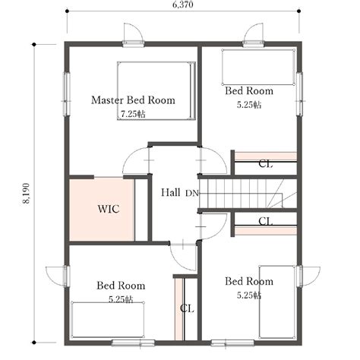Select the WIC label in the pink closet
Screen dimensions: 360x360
click(108, 208)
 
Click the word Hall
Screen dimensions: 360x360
click(170, 193)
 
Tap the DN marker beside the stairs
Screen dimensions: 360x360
click(191, 194)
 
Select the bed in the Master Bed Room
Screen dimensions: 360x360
click(156, 90)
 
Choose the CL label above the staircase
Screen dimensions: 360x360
click(265, 163)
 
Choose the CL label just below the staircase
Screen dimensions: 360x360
click(265, 222)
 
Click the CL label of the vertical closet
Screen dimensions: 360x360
click(186, 309)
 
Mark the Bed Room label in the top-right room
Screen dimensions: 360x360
click(249, 91)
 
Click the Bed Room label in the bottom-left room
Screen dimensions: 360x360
click(121, 286)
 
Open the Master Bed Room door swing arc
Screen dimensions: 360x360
click(134, 160)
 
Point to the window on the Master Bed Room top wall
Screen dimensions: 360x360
click(133, 36)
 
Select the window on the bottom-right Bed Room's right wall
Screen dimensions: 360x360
click(300, 276)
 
